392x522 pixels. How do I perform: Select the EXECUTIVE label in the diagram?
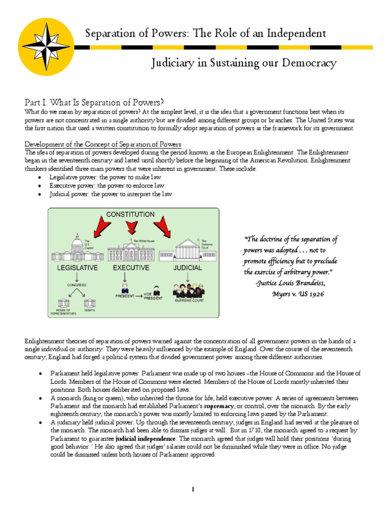pyautogui.click(x=131, y=267)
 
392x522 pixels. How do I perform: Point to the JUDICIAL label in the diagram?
pyautogui.click(x=188, y=267)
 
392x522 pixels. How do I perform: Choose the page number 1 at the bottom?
pyautogui.click(x=193, y=490)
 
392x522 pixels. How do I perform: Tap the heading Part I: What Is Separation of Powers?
pyautogui.click(x=94, y=101)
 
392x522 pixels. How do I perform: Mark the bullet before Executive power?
pyautogui.click(x=40, y=186)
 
